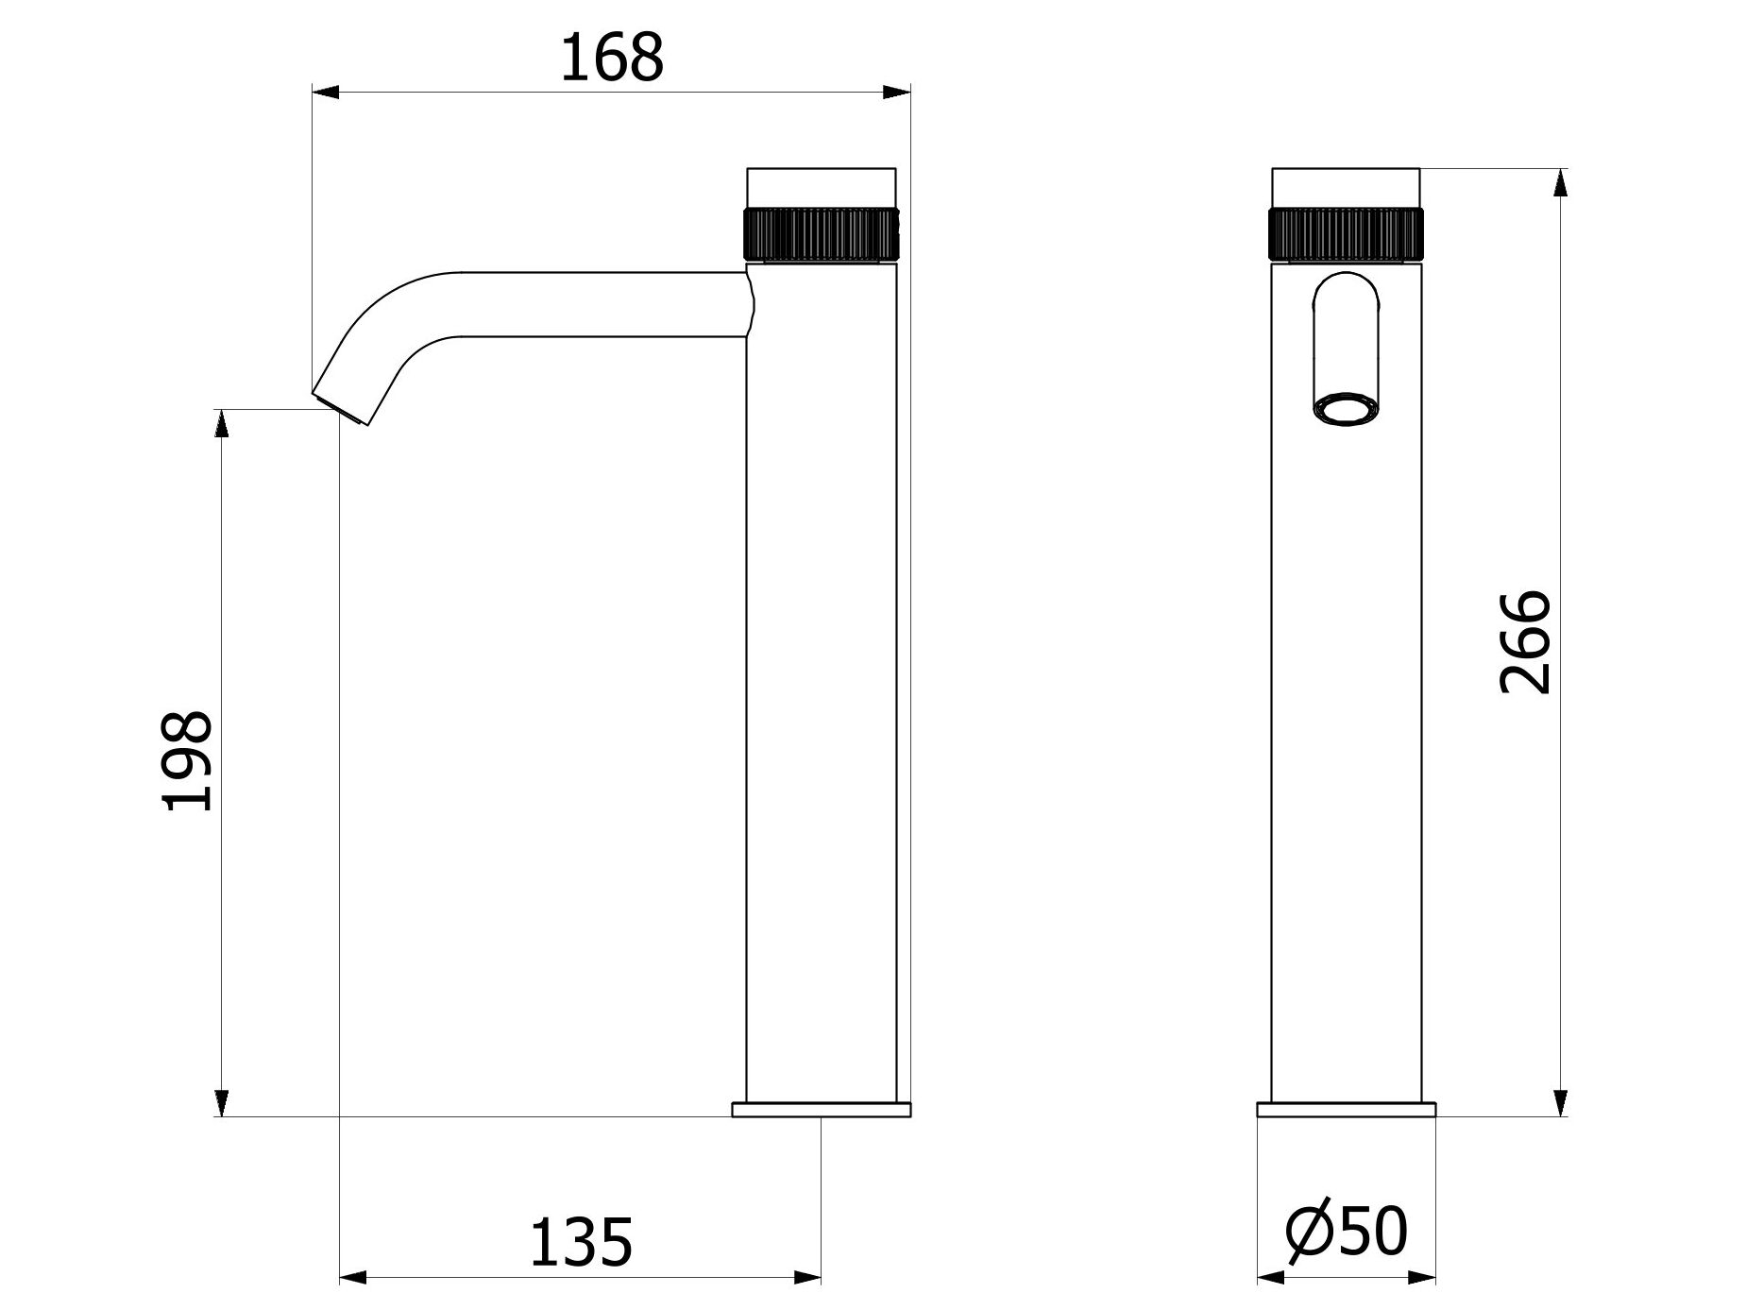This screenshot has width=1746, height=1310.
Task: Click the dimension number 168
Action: (612, 59)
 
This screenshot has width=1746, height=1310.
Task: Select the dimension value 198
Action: (188, 760)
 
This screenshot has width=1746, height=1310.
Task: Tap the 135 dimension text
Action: (580, 1243)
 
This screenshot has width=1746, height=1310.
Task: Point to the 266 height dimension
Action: (1525, 643)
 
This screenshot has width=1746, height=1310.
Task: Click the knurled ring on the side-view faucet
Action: (822, 232)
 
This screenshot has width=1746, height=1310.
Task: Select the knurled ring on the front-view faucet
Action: (1346, 232)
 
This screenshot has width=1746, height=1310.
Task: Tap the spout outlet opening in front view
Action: (1346, 410)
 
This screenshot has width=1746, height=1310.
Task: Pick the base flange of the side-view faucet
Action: (822, 1109)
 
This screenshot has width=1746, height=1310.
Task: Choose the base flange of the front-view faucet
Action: (1346, 1109)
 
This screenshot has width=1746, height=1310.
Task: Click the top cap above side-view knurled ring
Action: (822, 186)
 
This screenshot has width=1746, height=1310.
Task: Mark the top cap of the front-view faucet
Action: (1346, 186)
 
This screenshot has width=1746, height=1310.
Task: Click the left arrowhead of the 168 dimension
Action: (325, 93)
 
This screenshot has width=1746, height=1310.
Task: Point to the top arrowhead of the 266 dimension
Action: (1560, 182)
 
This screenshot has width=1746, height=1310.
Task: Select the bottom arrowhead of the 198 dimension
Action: (222, 1103)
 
